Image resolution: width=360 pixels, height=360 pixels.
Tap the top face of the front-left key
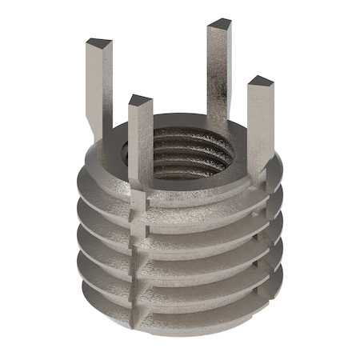pyautogui.click(x=140, y=101)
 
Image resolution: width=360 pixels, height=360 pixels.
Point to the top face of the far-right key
pyautogui.click(x=260, y=82)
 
